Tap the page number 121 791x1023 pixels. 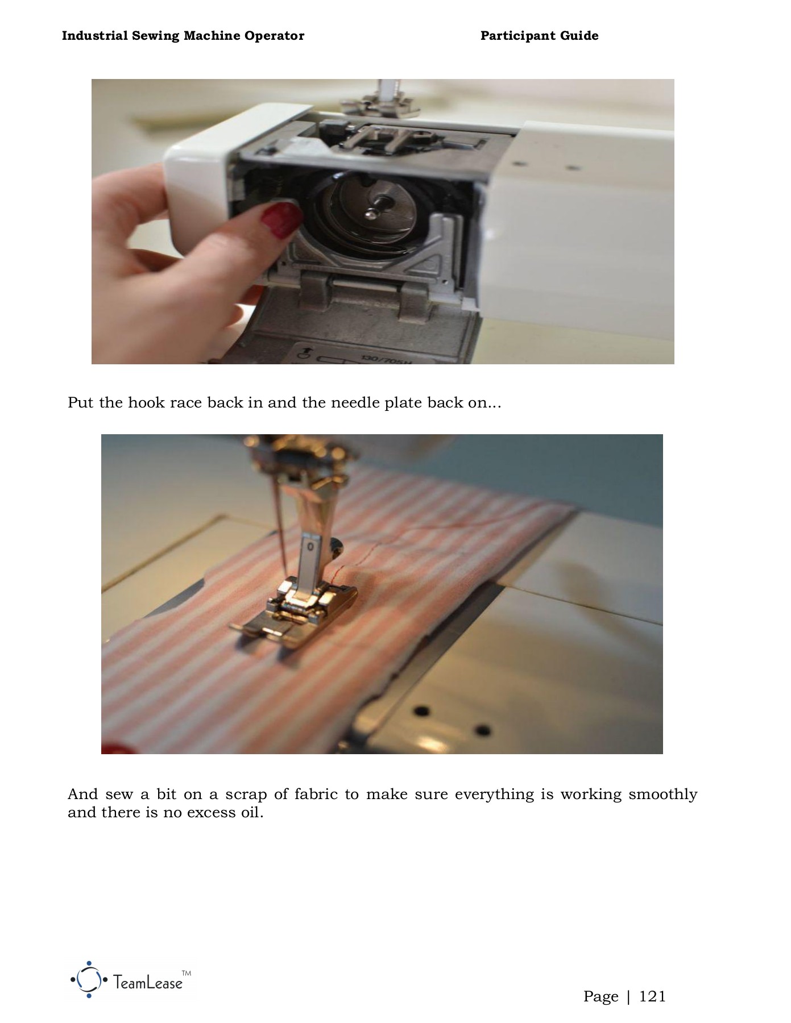(x=652, y=996)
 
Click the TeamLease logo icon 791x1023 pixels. (x=89, y=979)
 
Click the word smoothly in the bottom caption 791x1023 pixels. (x=663, y=795)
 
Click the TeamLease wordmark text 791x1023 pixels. (x=148, y=982)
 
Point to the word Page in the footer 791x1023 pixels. (x=601, y=997)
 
